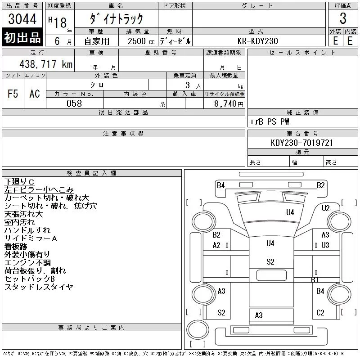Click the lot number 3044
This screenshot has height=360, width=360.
pyautogui.click(x=22, y=19)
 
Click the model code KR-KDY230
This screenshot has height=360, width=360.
pyautogui.click(x=258, y=41)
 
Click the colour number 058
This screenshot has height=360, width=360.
pyautogui.click(x=74, y=103)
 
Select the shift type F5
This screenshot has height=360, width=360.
pyautogui.click(x=13, y=94)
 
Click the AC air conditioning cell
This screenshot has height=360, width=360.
pyautogui.click(x=35, y=94)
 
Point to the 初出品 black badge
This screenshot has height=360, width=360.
pyautogui.click(x=22, y=38)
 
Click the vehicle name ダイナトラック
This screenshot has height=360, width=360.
pyautogui.click(x=117, y=19)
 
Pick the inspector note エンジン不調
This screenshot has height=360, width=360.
pyautogui.click(x=27, y=263)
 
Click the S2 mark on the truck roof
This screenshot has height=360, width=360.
pyautogui.click(x=270, y=262)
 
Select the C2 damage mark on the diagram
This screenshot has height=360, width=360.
pyautogui.click(x=320, y=312)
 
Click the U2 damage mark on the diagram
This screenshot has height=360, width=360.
pyautogui.click(x=326, y=208)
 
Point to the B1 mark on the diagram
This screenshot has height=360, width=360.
pyautogui.click(x=315, y=280)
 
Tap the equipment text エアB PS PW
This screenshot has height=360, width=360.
pyautogui.click(x=270, y=121)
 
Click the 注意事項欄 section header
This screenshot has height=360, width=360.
pyautogui.click(x=123, y=134)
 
